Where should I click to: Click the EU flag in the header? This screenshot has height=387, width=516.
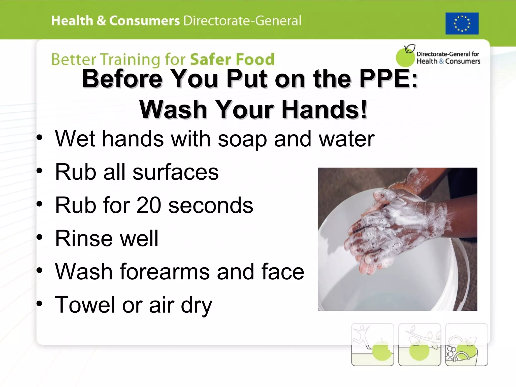[462, 23]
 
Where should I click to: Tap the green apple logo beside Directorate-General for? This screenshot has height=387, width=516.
[405, 57]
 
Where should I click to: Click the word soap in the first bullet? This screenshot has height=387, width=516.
[242, 139]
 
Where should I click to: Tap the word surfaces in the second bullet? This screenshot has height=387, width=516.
[176, 172]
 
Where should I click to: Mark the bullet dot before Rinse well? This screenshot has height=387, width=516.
[39, 237]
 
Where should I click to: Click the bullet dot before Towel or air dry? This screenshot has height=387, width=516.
[39, 304]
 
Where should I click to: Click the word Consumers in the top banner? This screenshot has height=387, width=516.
[144, 21]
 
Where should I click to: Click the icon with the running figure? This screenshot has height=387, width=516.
[372, 344]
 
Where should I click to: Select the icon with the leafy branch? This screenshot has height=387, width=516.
[420, 344]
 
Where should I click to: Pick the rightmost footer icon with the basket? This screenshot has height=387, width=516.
[466, 344]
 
